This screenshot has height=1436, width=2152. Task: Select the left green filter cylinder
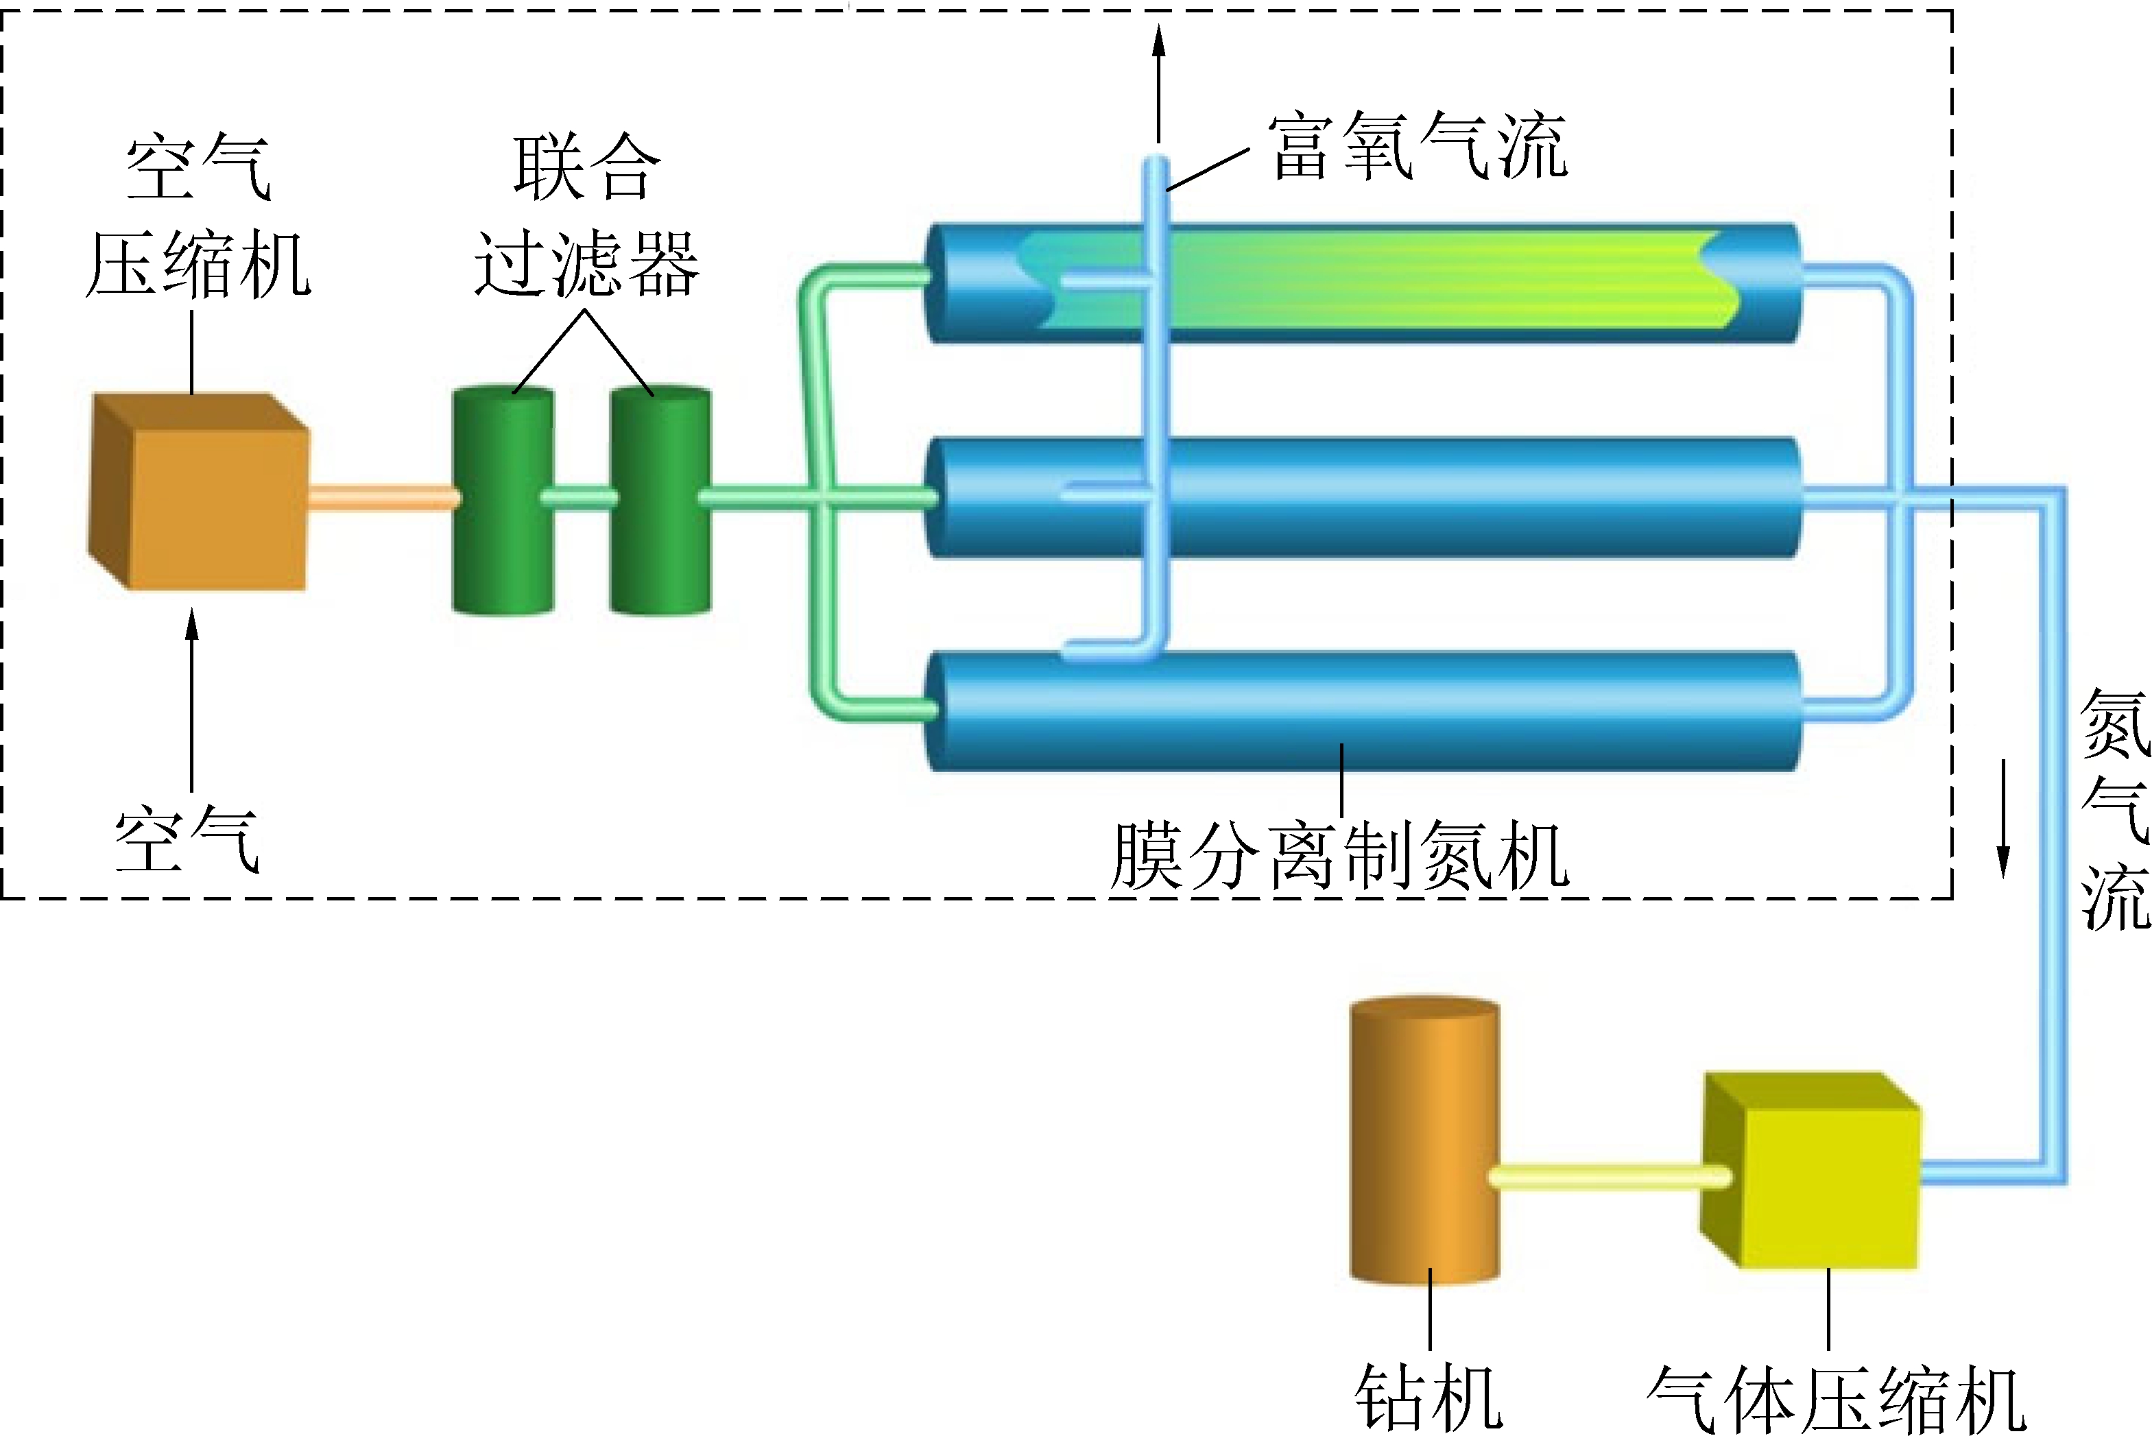(503, 500)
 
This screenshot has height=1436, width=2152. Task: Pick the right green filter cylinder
(660, 500)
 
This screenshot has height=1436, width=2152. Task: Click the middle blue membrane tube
(1466, 498)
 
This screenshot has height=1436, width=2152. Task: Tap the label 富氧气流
(1417, 147)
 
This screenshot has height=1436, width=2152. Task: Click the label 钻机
(1428, 1397)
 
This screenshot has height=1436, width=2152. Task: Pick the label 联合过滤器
(586, 215)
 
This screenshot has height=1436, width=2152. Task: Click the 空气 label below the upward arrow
(188, 839)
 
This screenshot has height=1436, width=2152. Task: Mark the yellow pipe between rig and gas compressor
(1609, 1177)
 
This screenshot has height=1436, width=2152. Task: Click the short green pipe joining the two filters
(582, 498)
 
